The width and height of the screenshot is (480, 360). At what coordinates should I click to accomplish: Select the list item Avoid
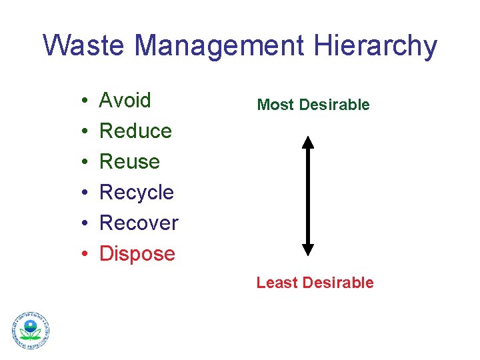pos(125,101)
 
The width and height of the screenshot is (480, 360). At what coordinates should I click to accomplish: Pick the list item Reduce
pos(135,131)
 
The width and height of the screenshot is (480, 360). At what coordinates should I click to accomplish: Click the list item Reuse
pos(129,162)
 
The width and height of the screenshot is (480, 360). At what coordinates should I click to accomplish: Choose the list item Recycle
pos(136,193)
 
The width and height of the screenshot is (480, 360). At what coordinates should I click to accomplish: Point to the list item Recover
pos(139,223)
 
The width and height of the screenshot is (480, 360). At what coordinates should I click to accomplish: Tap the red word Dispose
pos(137,254)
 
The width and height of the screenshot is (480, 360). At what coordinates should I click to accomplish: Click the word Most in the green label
pos(275,105)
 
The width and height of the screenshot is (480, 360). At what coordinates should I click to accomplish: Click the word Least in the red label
pos(277,283)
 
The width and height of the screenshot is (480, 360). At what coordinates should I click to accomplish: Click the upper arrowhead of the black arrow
pos(307,142)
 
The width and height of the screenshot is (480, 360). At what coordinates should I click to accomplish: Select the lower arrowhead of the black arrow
pos(307,249)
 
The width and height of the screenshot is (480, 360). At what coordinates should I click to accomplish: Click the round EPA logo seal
pos(31,330)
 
